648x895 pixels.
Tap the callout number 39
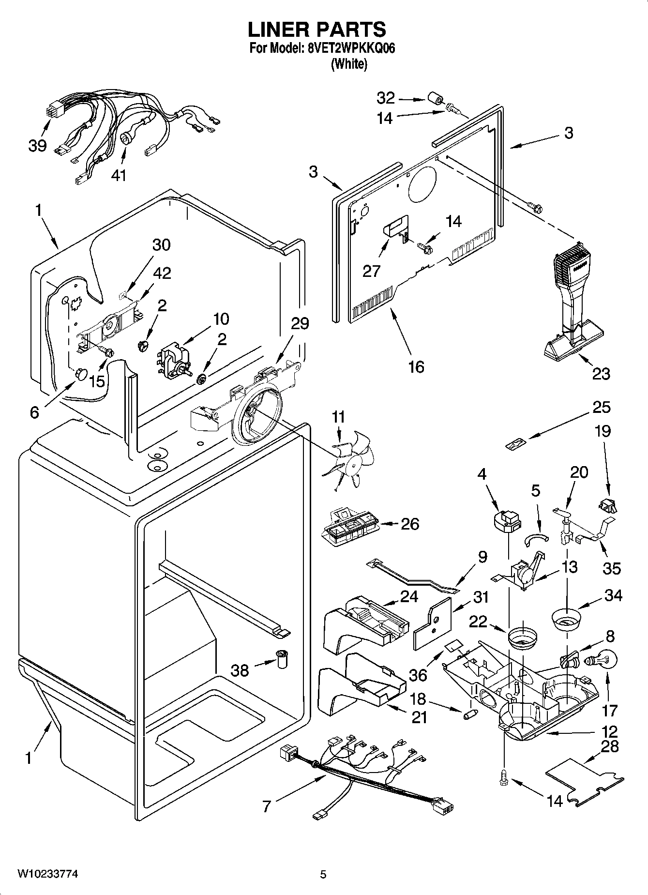[37, 145]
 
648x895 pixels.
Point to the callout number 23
[601, 373]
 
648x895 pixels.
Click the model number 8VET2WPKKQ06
[348, 49]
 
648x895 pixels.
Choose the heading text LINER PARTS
[317, 30]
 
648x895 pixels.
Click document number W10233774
[47, 874]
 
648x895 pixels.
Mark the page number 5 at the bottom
[323, 874]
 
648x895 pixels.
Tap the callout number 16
[416, 366]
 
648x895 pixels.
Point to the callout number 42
[162, 273]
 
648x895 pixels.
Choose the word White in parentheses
[348, 64]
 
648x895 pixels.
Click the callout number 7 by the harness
[266, 806]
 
